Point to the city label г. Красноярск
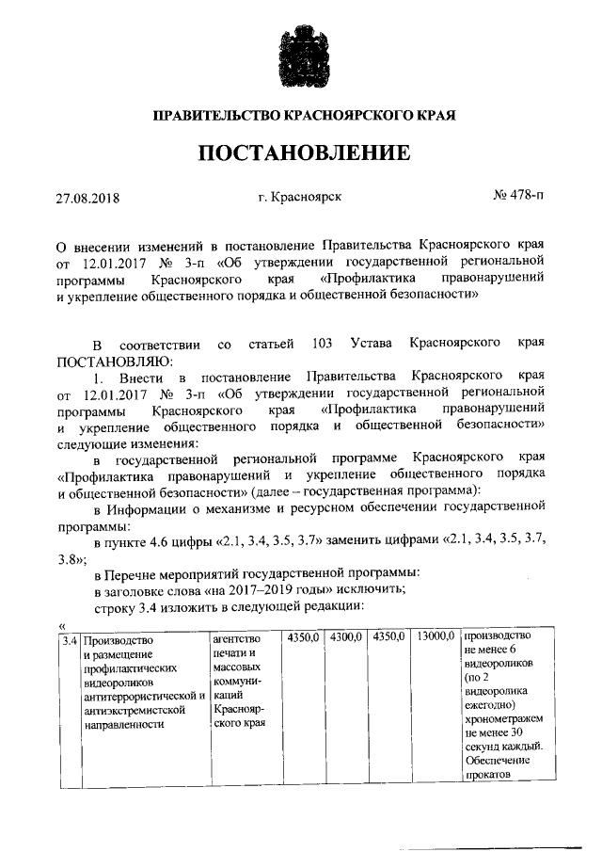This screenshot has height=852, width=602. (x=299, y=199)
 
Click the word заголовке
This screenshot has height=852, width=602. (x=146, y=588)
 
